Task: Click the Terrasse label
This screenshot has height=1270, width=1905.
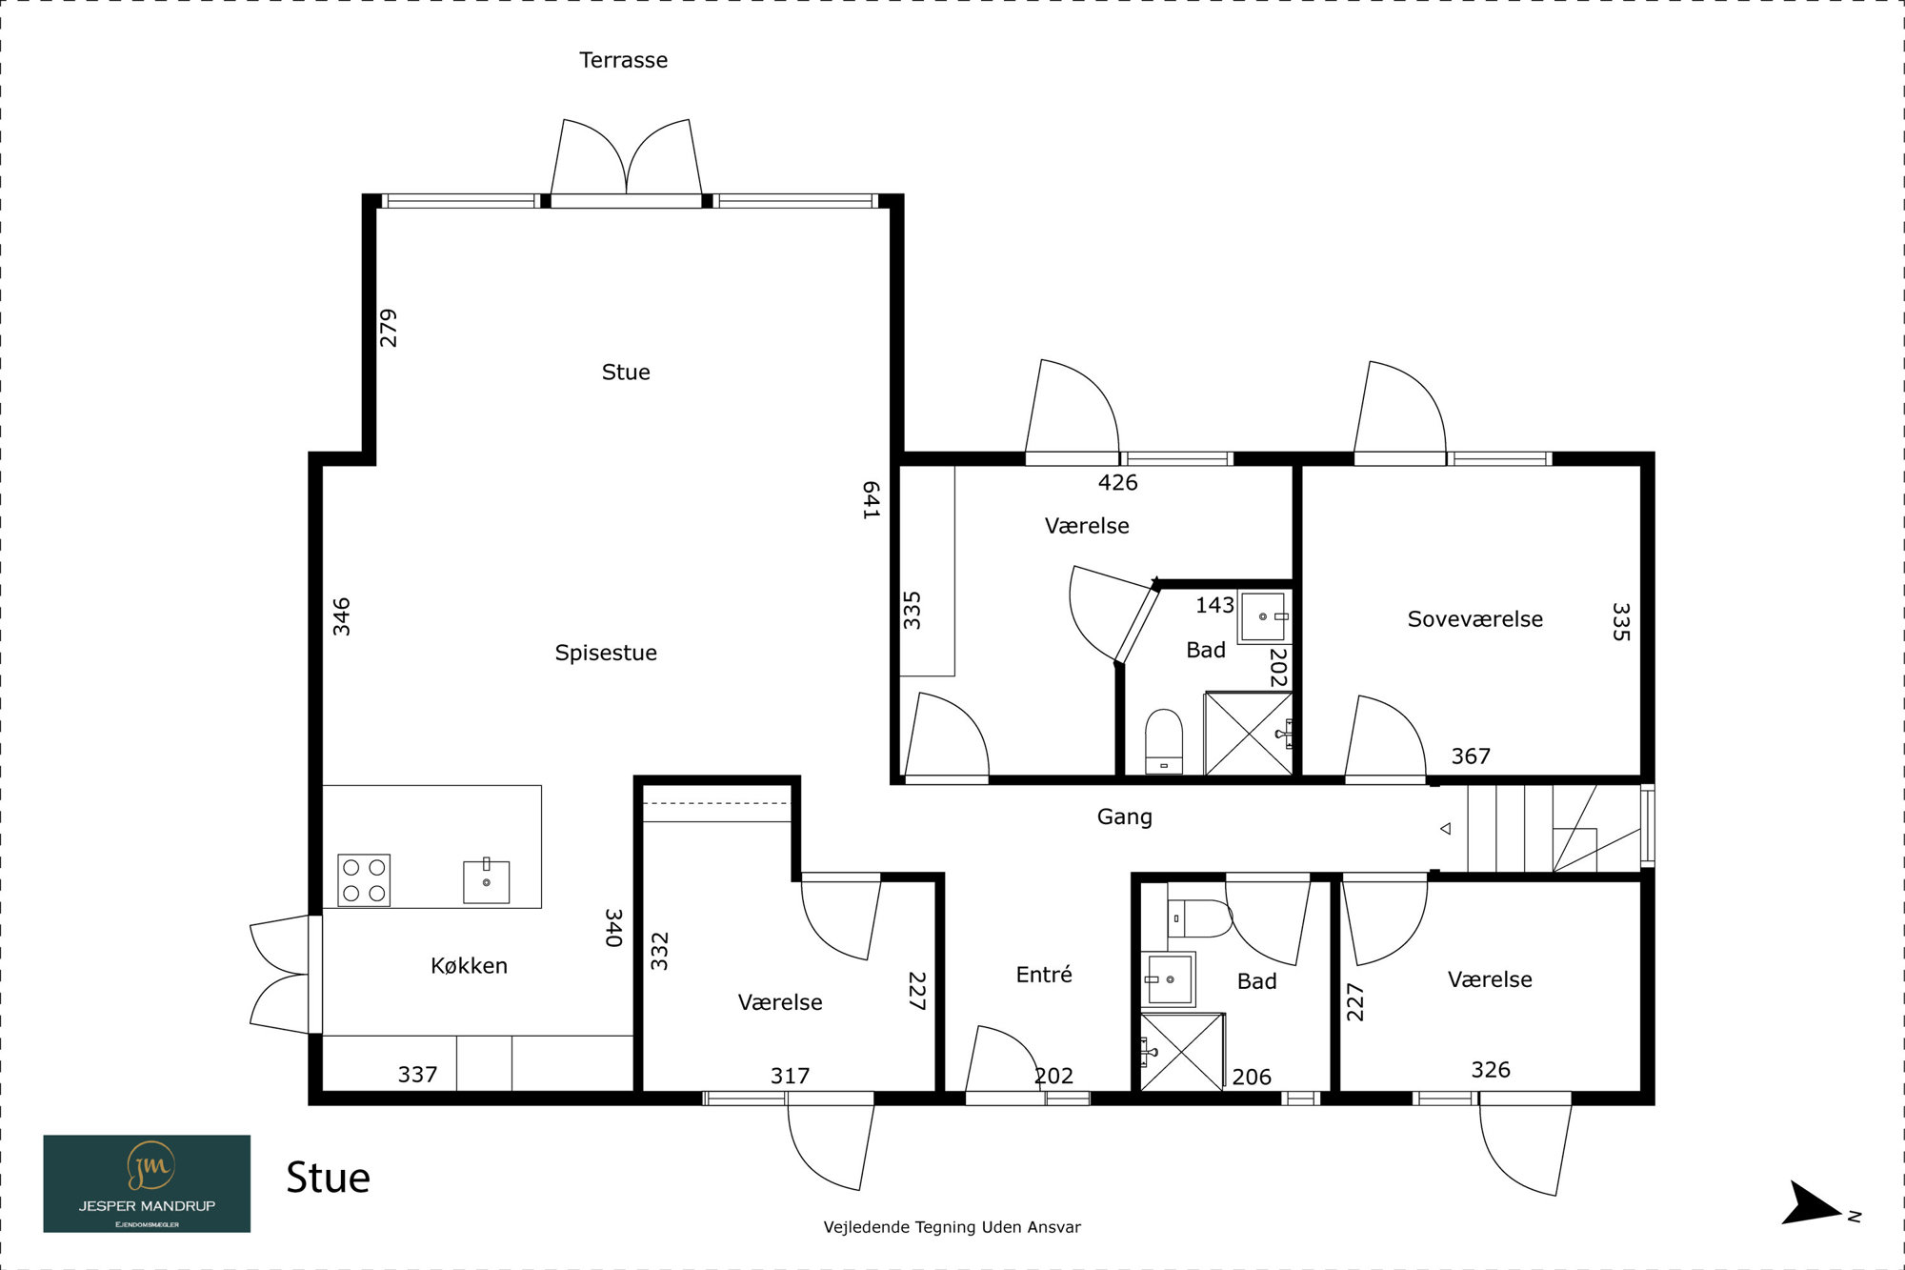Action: coord(623,60)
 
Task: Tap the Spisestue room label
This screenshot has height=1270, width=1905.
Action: coord(606,654)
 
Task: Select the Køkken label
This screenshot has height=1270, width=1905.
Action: coord(469,965)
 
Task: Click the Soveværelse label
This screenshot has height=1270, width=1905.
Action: coord(1474,619)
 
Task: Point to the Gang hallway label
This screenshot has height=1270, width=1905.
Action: coord(1124,817)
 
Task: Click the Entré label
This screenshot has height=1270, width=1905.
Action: coord(1044,974)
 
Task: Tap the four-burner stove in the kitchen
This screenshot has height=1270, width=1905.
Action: coord(364,879)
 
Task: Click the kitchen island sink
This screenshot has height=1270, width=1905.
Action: coord(486,881)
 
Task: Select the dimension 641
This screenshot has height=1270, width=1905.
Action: coord(871,500)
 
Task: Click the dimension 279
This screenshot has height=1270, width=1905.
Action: coord(388,328)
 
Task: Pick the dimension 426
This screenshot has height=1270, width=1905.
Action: coord(1117,483)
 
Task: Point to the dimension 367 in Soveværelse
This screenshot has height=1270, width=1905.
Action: coord(1471,756)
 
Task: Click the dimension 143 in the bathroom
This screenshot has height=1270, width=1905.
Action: coord(1214,605)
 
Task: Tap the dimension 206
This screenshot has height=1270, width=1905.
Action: coord(1252,1077)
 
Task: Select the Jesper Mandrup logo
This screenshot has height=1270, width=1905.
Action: coord(147,1183)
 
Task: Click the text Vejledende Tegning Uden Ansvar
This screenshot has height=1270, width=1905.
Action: coord(952,1227)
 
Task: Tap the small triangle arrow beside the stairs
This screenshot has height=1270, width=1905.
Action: coord(1446,829)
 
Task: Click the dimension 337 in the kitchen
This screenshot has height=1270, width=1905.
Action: coord(417,1075)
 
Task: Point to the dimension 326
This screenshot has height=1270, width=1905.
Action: coord(1491,1070)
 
